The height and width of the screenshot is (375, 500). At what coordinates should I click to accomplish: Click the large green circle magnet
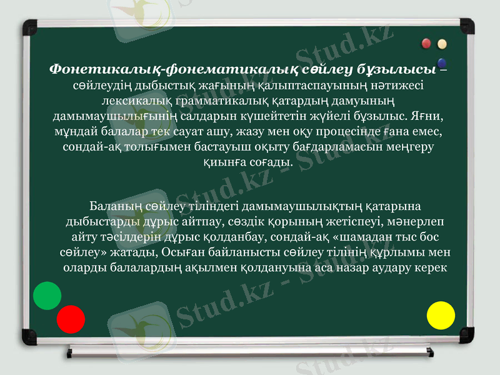click(x=47, y=296)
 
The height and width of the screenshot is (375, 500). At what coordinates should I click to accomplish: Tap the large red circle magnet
click(x=71, y=319)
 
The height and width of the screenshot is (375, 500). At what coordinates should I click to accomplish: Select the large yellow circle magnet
click(x=441, y=315)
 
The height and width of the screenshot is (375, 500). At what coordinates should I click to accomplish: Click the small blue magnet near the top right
click(x=442, y=63)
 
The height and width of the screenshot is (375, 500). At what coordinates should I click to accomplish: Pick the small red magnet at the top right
click(x=427, y=44)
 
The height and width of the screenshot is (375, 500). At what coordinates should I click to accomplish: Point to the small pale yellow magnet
click(x=442, y=44)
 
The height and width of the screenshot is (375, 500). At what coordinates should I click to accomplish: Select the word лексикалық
click(x=135, y=100)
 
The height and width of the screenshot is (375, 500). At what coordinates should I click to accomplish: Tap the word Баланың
click(x=116, y=206)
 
